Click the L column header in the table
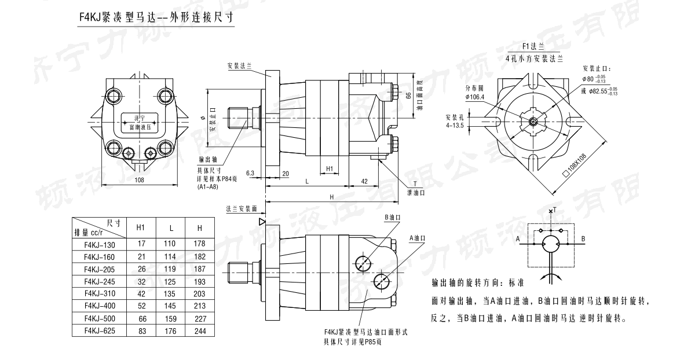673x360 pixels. click(169, 227)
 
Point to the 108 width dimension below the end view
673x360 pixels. click(139, 180)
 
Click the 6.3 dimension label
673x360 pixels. click(250, 173)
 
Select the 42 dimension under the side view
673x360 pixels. click(364, 181)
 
